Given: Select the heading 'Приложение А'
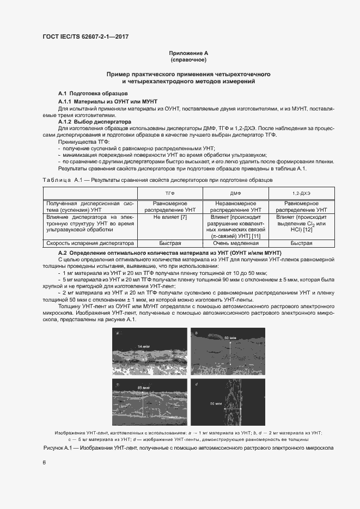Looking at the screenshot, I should (188, 53).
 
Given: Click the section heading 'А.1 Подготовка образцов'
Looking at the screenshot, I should (86, 94).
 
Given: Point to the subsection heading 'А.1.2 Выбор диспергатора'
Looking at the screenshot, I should (92, 122).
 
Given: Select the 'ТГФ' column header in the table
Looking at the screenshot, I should (169, 194).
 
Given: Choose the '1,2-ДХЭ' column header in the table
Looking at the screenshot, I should (301, 194).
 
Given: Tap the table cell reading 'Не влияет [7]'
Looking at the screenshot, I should (169, 217).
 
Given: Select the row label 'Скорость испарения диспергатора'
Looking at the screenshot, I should (90, 244).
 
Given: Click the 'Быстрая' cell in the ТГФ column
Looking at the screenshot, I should (169, 244).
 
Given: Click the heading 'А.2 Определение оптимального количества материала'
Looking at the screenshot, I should (169, 253).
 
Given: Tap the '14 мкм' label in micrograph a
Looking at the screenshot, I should (143, 346).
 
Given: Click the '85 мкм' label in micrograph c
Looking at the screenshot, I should (143, 388).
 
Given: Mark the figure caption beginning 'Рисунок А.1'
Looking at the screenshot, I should (188, 447).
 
